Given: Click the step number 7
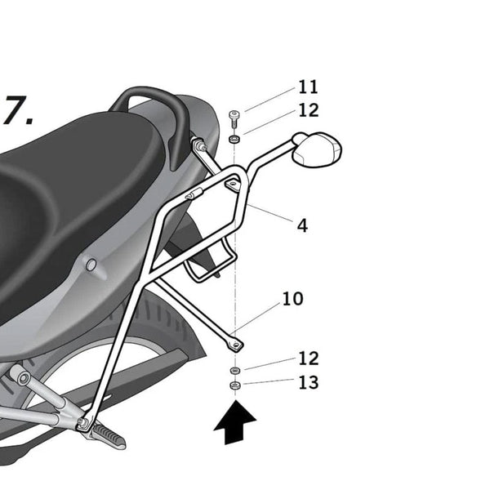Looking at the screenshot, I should pos(17,112).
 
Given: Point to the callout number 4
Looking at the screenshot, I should pos(302,225).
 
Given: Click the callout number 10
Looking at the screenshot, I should pos(292,299).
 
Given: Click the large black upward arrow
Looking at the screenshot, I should pos(235,424).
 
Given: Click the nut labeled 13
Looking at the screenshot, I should pos(234,385).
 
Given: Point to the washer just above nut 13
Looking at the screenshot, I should pos(234,370).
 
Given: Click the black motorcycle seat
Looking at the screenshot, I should pos(73,188).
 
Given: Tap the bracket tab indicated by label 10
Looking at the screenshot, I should pos(234,342).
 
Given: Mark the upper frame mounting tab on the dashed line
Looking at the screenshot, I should pos(234,187).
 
